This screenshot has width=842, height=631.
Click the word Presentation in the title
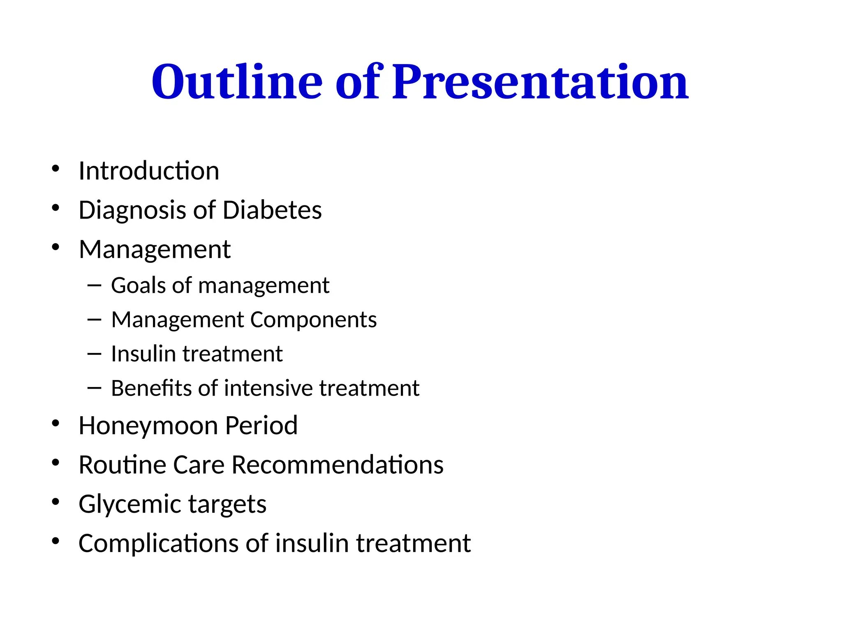point(540,82)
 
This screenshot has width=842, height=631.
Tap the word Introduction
point(149,171)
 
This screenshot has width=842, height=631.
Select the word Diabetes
point(272,210)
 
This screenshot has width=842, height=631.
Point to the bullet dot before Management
point(56,247)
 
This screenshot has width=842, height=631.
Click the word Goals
point(138,286)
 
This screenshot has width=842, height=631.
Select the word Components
point(313,320)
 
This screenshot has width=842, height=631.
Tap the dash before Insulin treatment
point(94,354)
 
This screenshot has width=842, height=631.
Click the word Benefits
point(151,388)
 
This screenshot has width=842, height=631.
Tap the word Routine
point(122,465)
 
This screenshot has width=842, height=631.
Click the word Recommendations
point(337,465)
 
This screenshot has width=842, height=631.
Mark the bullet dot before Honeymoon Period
point(56,424)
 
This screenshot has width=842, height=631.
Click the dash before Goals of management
point(94,286)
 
